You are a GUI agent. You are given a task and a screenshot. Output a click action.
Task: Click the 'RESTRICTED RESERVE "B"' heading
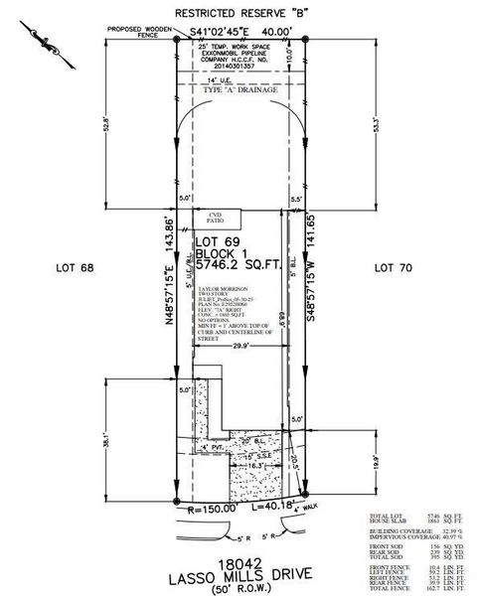(239, 14)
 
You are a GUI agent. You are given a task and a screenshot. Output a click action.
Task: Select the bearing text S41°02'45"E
(226, 33)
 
